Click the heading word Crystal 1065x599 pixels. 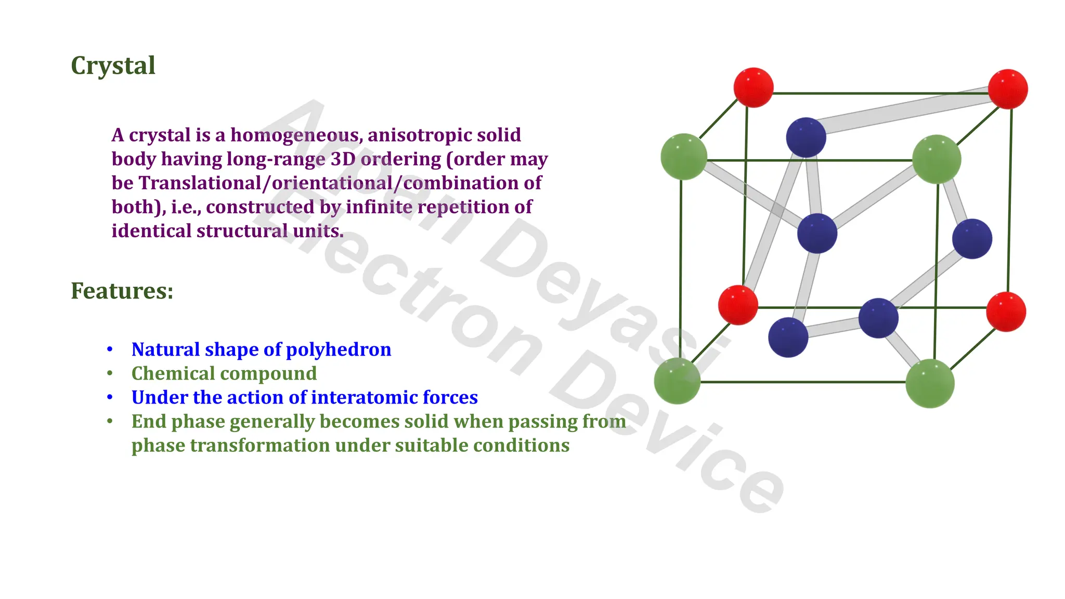113,66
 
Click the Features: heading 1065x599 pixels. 122,291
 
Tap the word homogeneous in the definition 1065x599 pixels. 296,135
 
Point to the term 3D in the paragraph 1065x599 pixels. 343,159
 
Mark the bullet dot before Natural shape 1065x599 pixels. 110,349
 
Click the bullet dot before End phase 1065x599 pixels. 110,421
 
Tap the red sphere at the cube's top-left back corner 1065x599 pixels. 754,87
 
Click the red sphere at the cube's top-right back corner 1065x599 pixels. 1008,89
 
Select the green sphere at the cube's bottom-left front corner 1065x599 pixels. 677,381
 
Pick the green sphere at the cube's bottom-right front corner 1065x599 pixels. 930,384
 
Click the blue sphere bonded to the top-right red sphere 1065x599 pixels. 806,137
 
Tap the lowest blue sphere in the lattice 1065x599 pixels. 788,337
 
